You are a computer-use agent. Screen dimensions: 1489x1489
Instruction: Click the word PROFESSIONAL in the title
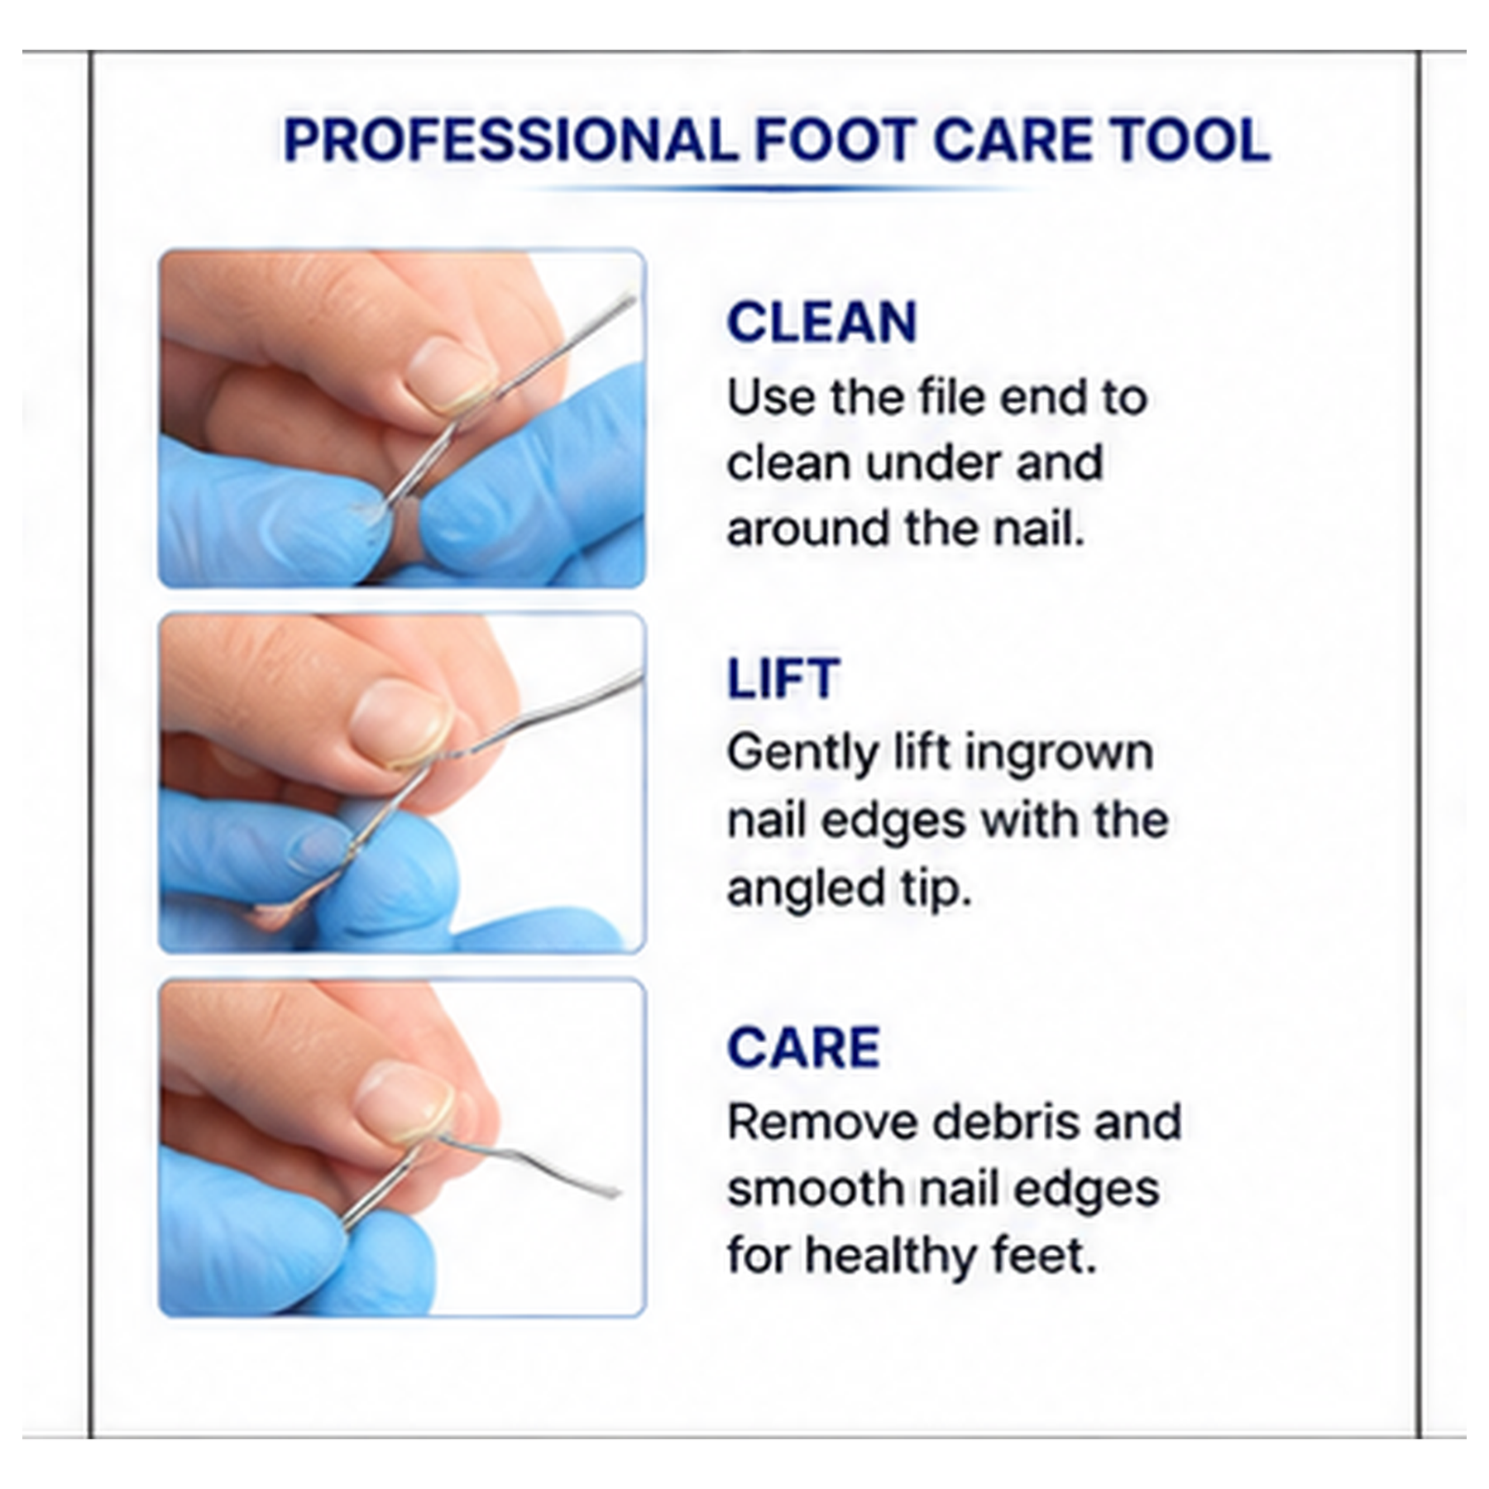pos(510,140)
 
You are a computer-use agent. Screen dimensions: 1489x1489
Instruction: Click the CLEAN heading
pos(822,322)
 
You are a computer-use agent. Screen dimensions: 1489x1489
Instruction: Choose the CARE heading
pos(803,1047)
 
